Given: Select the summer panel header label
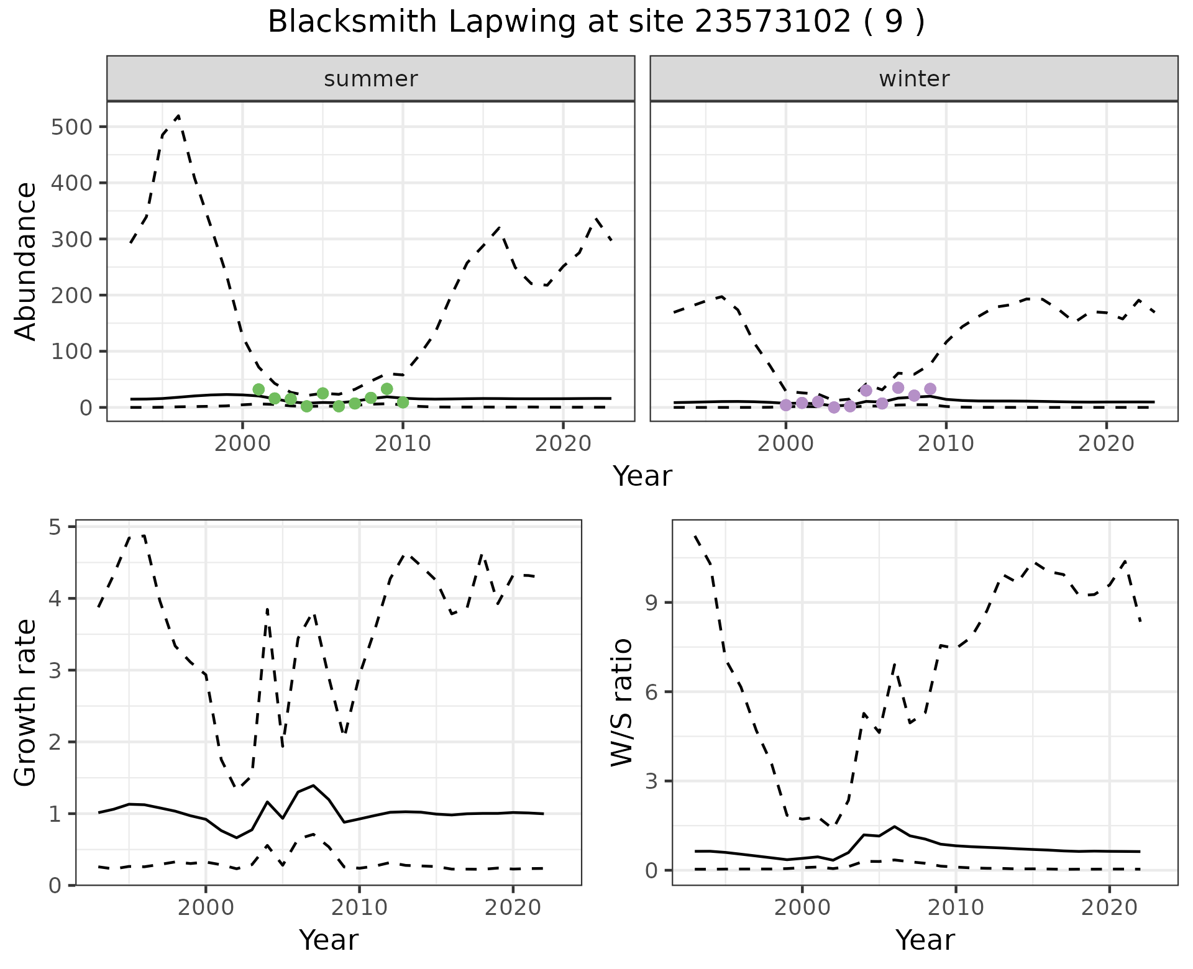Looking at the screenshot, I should [x=371, y=79].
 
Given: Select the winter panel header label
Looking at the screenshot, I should [x=914, y=79].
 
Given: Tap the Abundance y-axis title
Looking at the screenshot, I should [x=26, y=261].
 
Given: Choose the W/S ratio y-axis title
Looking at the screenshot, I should [x=622, y=703].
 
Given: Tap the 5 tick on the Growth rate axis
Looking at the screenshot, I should [x=60, y=527].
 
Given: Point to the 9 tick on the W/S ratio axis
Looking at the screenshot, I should [x=651, y=603].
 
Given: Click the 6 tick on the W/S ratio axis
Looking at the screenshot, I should [x=651, y=691].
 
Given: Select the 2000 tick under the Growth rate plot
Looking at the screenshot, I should [x=205, y=908].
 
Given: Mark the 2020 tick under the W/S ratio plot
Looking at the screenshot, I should [x=1109, y=908].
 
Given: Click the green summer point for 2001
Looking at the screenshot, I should [x=258, y=389].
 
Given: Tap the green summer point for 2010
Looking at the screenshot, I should [x=403, y=403].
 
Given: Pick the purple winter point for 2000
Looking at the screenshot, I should [x=786, y=405].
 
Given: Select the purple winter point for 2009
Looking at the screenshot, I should [x=930, y=389].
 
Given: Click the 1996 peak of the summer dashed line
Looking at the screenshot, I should [x=179, y=116].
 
